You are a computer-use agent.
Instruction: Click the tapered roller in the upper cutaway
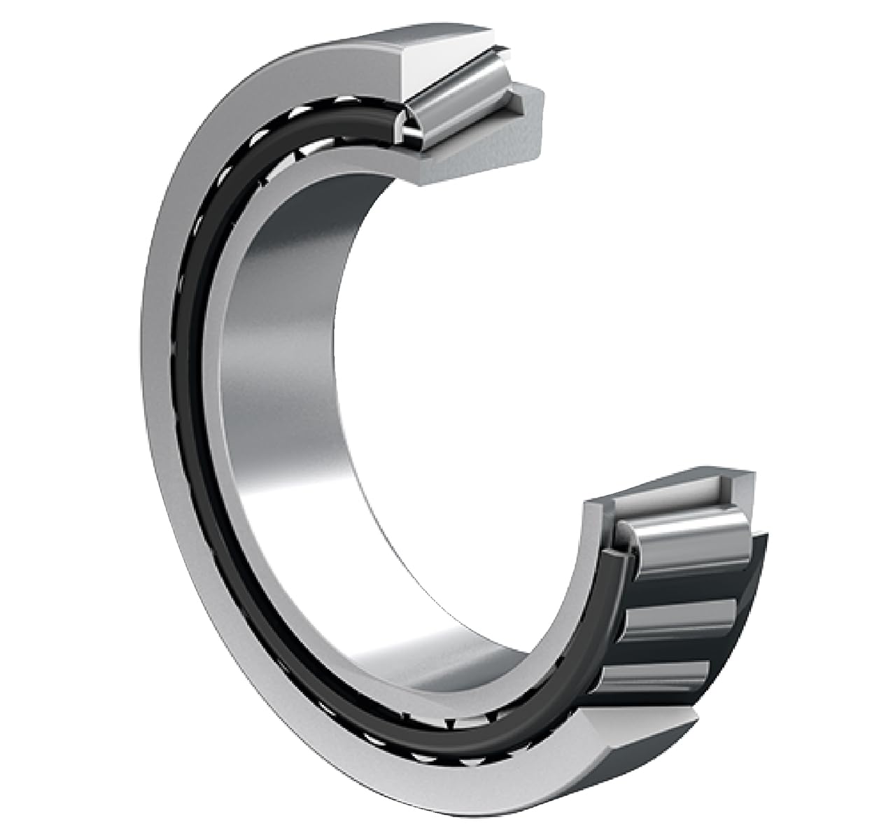(x=458, y=105)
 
